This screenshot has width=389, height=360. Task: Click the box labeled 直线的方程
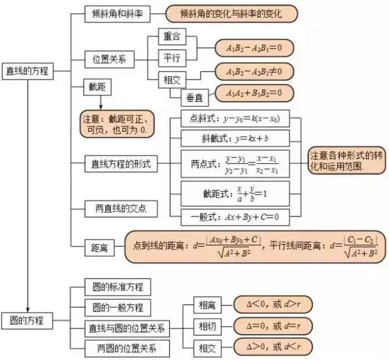28,71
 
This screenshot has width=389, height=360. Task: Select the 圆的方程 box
27,319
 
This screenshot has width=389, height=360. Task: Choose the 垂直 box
195,95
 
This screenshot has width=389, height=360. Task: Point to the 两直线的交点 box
121,209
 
